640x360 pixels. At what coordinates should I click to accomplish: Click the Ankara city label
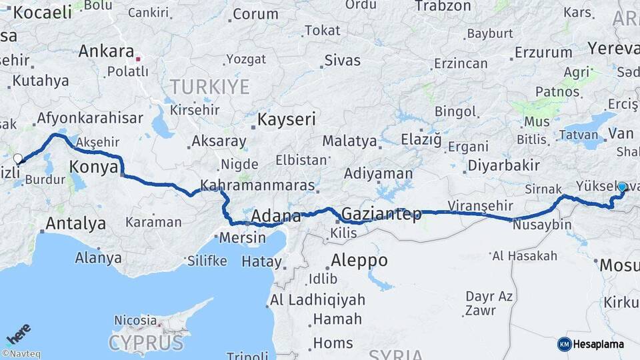[x=106, y=51]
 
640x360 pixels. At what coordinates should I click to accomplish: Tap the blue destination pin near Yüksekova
[x=622, y=188]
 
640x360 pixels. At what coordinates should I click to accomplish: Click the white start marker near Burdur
[x=18, y=159]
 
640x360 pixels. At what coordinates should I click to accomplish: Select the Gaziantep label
[x=381, y=214]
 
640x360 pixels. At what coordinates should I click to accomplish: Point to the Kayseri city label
[x=286, y=119]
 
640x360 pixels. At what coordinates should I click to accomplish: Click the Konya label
[x=94, y=167]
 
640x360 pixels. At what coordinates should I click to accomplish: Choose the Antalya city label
[x=75, y=223]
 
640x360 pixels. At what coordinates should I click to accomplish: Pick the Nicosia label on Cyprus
[x=135, y=321]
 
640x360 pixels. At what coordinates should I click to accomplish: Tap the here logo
[x=18, y=334]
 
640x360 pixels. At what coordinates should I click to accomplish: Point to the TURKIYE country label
[x=209, y=87]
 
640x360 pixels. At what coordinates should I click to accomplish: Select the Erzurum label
[x=539, y=52]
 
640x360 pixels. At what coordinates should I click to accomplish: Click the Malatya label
[x=349, y=141]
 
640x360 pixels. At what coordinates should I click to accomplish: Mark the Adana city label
[x=276, y=216]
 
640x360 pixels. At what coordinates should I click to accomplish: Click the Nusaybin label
[x=542, y=225]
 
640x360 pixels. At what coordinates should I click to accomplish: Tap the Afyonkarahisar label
[x=90, y=119]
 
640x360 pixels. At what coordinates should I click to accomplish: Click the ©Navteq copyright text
[x=21, y=354]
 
